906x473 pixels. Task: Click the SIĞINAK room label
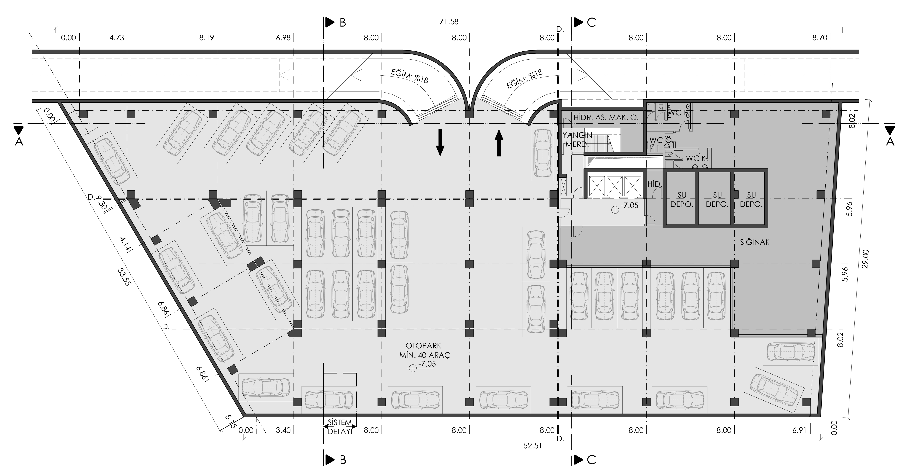pos(755,242)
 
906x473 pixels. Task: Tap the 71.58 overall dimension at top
pos(449,22)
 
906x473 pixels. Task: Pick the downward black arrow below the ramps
pos(440,142)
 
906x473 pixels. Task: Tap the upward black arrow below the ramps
pos(499,142)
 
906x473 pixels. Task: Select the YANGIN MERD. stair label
pos(577,140)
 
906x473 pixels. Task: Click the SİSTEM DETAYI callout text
pos(339,427)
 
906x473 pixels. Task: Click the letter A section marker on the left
pos(19,141)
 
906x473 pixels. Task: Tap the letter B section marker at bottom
pos(343,460)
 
